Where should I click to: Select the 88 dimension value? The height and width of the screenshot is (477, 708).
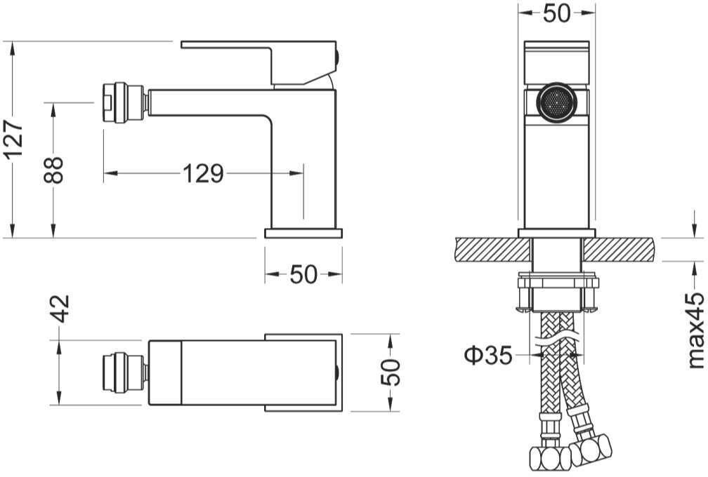[54, 170]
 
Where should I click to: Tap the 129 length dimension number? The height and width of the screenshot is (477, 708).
[203, 173]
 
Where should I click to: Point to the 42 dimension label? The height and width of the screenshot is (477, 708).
[61, 308]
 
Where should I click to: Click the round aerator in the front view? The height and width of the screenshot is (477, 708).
[556, 102]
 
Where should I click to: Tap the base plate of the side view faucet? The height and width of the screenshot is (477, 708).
[303, 233]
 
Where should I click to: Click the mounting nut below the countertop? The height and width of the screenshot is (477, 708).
[557, 292]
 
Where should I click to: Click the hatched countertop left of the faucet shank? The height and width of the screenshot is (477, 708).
[492, 250]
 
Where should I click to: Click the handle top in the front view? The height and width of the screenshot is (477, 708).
[556, 48]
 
